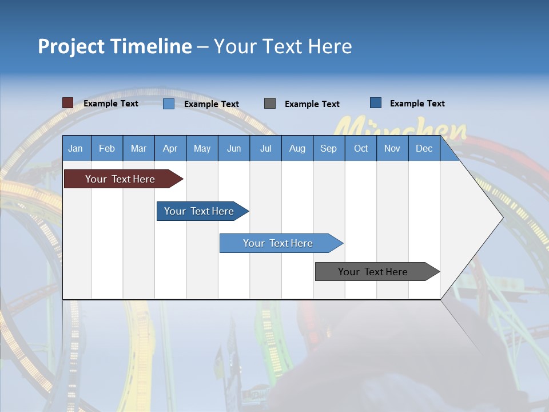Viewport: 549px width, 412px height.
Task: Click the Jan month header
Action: (x=75, y=149)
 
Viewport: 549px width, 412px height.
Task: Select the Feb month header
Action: (x=107, y=149)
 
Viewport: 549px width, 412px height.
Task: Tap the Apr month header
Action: (x=170, y=149)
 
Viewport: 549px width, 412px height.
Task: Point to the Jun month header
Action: (x=234, y=149)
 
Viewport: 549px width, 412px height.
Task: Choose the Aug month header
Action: (x=297, y=149)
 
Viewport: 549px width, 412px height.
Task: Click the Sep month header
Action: (x=329, y=149)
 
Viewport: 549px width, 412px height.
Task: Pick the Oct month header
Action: (x=361, y=149)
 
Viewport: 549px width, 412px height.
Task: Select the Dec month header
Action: (x=424, y=149)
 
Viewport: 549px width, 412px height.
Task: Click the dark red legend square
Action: (x=68, y=103)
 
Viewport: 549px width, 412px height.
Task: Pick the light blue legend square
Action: (x=169, y=104)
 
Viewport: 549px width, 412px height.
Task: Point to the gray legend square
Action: (x=270, y=103)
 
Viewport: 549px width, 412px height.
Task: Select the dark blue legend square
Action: (x=376, y=103)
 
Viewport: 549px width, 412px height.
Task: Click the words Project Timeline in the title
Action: (x=115, y=46)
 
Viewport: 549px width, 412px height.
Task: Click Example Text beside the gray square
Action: (x=312, y=104)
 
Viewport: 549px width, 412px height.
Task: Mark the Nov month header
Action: (x=392, y=149)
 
